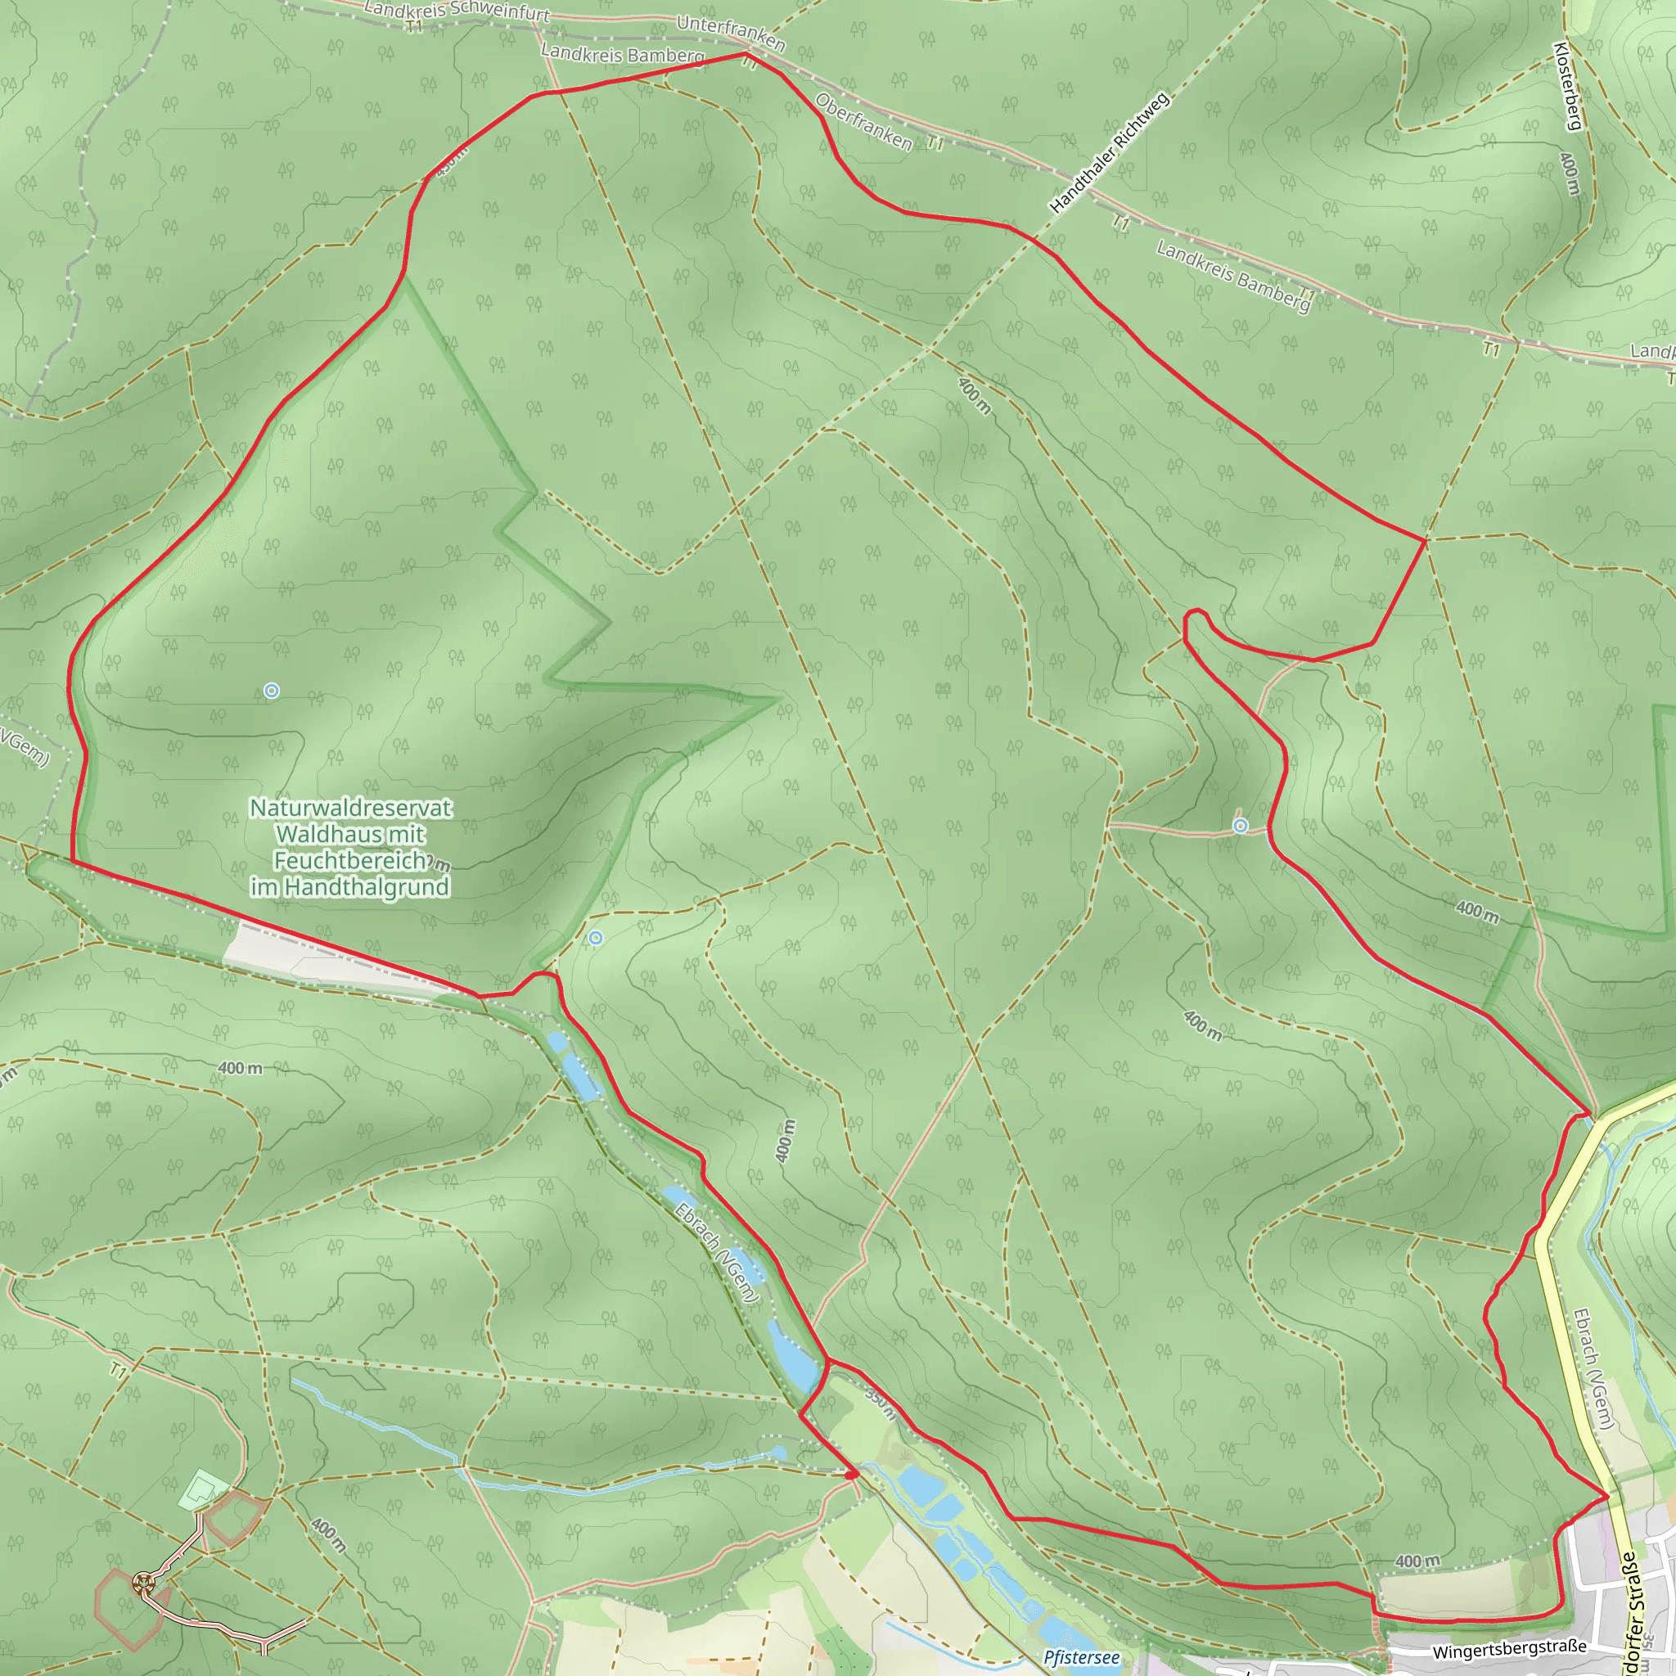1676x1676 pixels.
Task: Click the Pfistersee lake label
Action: tap(1081, 1658)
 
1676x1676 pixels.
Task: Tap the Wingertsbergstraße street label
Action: tap(1509, 1648)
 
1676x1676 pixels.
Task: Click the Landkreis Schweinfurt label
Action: tap(457, 11)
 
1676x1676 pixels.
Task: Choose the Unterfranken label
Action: tap(731, 33)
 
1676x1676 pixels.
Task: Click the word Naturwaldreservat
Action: tap(350, 809)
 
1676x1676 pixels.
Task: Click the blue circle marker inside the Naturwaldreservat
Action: tap(272, 691)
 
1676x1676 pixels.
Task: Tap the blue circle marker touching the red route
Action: tap(1241, 826)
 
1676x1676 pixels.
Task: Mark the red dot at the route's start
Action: tap(852, 1474)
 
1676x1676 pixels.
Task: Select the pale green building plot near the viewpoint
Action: tap(202, 1489)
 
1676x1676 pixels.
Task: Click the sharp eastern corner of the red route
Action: tap(1426, 540)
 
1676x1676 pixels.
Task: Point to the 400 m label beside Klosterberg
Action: tap(1569, 173)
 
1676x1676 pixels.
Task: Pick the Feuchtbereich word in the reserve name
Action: tap(349, 862)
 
